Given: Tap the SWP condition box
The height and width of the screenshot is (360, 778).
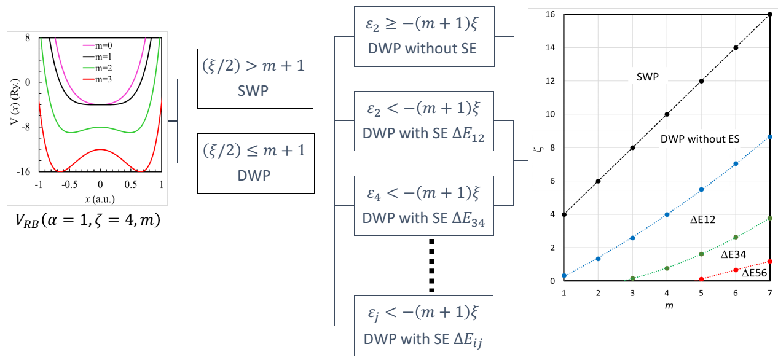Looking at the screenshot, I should [251, 77].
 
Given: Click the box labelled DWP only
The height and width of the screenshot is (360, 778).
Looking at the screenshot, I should [251, 163].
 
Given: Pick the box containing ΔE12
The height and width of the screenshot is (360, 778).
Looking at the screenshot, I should [425, 121].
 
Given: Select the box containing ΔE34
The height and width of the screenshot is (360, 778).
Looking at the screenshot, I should [425, 206].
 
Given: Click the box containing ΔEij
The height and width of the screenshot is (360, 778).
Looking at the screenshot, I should [425, 325].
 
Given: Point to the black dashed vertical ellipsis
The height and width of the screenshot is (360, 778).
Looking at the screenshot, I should [431, 265].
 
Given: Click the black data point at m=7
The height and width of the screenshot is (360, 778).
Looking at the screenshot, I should [770, 14].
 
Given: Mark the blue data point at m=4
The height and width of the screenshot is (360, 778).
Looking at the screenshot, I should [667, 214].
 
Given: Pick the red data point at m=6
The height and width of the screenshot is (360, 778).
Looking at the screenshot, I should [736, 270].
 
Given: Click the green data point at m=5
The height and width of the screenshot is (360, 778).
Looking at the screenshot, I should [701, 254].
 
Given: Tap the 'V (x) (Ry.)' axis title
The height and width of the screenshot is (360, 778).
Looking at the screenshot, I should [14, 104].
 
